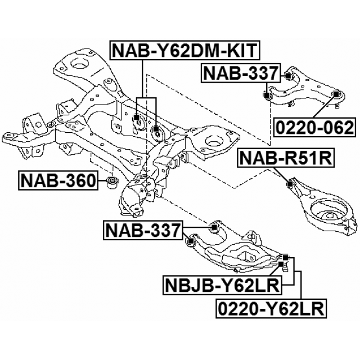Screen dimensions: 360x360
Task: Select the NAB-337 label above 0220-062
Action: click(x=241, y=73)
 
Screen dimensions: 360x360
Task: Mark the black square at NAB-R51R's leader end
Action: click(x=290, y=183)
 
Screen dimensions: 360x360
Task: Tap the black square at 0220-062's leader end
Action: click(x=336, y=94)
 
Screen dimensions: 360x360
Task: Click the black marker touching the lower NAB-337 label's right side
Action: click(x=214, y=227)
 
